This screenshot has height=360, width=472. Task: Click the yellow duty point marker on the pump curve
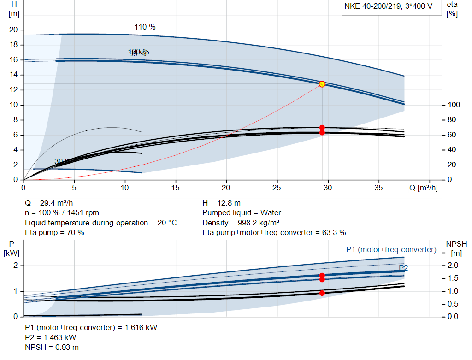tap(322, 84)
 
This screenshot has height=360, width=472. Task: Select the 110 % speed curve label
tap(145, 27)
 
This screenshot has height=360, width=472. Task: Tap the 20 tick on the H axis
tap(14, 30)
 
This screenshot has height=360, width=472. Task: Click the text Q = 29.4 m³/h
tap(49, 203)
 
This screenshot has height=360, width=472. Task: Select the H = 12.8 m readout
tap(221, 203)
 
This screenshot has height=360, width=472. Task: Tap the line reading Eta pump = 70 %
tap(54, 232)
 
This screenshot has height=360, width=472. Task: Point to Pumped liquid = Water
tap(242, 213)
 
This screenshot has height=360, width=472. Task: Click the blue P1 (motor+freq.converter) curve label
tap(391, 249)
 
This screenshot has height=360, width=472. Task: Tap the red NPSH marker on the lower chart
tap(322, 293)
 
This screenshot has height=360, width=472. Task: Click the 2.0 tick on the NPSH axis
tap(453, 266)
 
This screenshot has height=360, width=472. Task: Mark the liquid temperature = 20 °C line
tap(100, 223)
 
